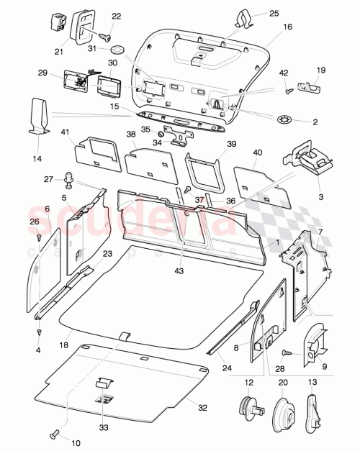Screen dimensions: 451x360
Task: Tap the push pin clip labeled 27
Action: pyautogui.click(x=71, y=176)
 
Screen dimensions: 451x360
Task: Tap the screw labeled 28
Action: pyautogui.click(x=287, y=352)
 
